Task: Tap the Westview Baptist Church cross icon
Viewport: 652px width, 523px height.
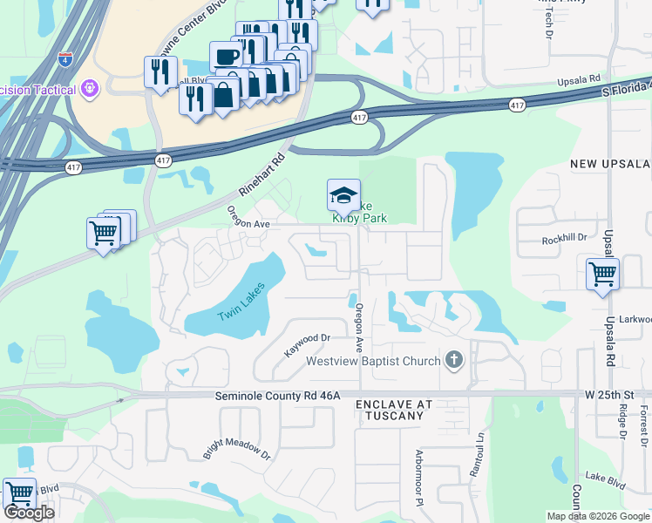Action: [452, 360]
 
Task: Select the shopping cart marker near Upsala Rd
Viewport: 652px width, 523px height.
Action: [602, 273]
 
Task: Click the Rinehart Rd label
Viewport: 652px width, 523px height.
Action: [263, 175]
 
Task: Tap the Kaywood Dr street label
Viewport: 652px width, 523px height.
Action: [308, 344]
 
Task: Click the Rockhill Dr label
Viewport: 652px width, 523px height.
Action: [565, 238]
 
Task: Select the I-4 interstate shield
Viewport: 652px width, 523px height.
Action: [65, 59]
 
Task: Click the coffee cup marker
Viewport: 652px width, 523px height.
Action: [226, 56]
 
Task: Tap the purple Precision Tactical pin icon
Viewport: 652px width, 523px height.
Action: [88, 88]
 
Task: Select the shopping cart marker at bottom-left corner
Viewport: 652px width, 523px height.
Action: [18, 492]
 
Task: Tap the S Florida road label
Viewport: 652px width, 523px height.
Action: [626, 88]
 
